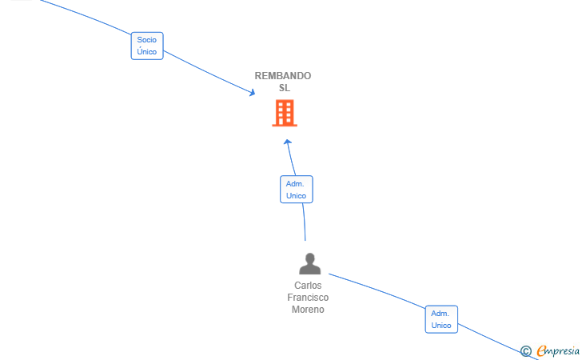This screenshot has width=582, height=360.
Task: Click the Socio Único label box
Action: coord(147,46)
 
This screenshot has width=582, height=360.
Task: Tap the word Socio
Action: coord(147,40)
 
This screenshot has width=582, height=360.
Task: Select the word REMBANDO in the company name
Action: coord(283,76)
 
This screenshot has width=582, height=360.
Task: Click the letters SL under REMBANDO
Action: coord(285,88)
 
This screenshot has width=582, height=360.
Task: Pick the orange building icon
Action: coord(285,113)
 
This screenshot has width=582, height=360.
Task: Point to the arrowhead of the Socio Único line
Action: coord(252,93)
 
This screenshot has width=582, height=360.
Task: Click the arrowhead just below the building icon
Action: coord(288,142)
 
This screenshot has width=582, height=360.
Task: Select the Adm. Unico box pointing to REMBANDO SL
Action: coord(296,190)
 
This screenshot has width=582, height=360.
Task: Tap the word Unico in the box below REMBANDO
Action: coord(296,196)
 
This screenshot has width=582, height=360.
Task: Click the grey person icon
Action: coord(310,263)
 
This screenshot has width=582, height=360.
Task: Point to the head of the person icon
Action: coord(310,258)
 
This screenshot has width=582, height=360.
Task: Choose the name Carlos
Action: coord(308,286)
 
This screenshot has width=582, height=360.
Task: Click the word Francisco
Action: coord(308,298)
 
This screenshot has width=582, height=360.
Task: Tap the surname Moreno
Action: coord(308,309)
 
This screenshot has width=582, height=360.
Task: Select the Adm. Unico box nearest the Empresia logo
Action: coord(441,319)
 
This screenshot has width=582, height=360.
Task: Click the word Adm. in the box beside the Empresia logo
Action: coord(440,313)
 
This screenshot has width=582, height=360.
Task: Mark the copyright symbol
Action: coord(526,351)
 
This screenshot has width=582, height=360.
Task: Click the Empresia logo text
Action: coord(558,350)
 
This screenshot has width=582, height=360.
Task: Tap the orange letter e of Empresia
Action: coord(541,350)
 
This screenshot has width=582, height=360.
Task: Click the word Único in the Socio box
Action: coord(147,52)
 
